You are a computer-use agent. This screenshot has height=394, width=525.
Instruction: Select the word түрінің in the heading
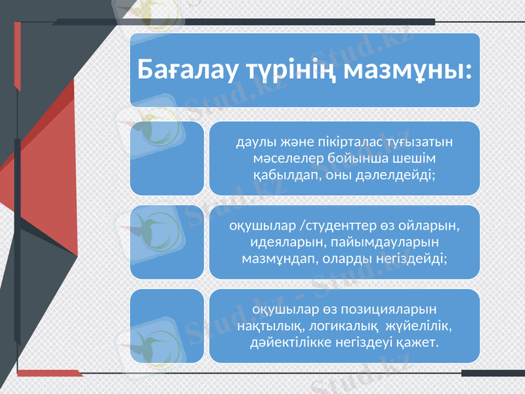point(292,69)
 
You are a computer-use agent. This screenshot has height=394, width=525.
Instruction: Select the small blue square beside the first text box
point(167,158)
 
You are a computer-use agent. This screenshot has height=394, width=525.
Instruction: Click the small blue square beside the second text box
point(167,242)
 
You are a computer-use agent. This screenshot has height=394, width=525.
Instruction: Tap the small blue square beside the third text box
point(167,326)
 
